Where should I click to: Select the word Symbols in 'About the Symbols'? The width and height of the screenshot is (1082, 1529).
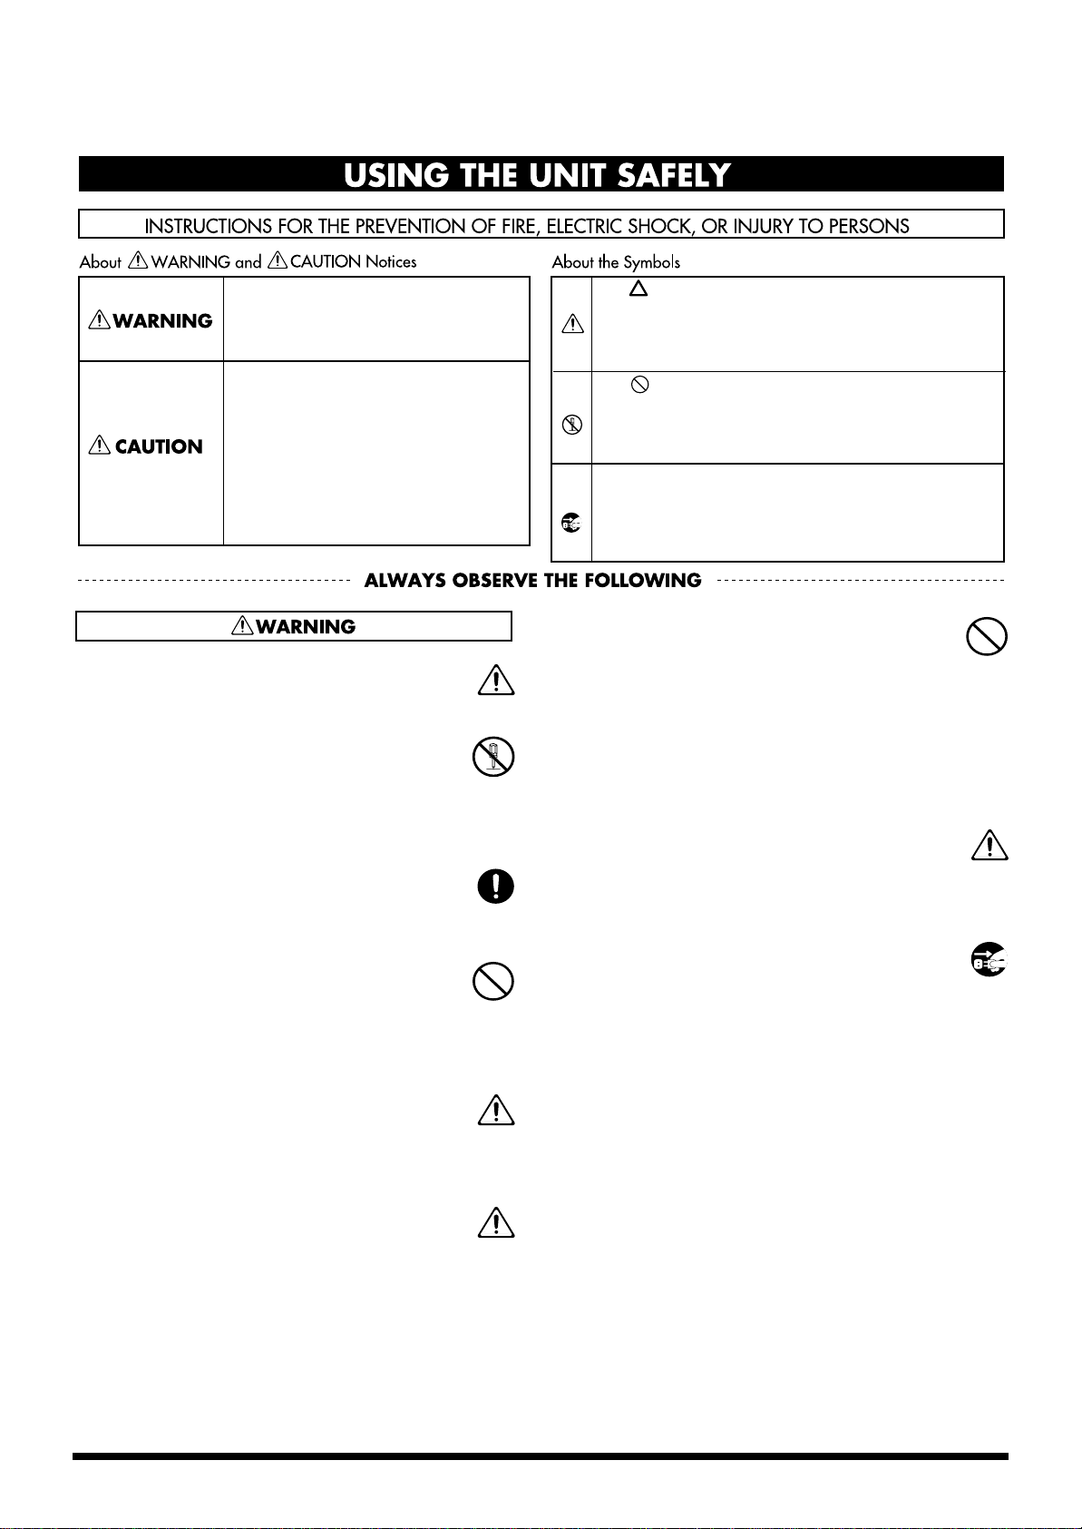tap(651, 262)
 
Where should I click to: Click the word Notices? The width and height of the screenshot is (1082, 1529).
tap(391, 262)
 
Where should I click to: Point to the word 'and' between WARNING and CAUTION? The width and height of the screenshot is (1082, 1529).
tap(248, 262)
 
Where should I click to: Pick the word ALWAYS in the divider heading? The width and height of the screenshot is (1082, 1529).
tap(403, 581)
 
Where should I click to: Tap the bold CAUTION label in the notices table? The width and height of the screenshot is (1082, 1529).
tap(159, 446)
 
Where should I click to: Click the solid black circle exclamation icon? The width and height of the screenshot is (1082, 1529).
tap(495, 887)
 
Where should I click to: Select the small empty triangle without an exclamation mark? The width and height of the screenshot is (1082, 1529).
tap(638, 289)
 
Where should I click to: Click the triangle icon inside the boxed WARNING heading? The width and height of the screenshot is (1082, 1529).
tap(242, 626)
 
